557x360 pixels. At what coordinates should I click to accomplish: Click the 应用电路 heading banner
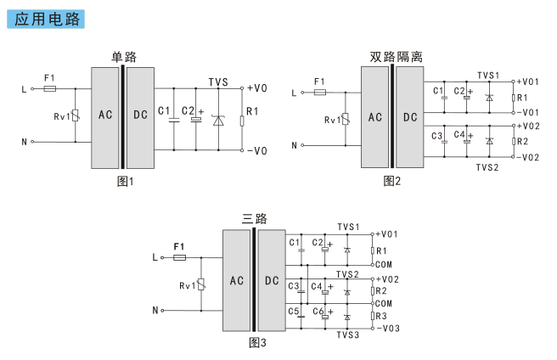point(46,20)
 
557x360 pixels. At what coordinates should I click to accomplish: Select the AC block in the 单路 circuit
point(104,118)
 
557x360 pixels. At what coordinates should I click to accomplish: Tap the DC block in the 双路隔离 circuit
point(410,117)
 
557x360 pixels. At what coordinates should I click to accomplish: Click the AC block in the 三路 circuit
point(237,280)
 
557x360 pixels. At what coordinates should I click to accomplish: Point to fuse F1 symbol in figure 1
point(50,88)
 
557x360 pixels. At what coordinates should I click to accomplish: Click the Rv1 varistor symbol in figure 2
point(346,119)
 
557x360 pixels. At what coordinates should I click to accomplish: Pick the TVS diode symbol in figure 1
point(218,121)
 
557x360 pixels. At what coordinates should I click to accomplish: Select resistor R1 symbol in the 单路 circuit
point(242,121)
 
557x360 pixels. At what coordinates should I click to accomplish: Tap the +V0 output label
point(256,88)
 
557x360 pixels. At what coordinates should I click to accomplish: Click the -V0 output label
point(256,151)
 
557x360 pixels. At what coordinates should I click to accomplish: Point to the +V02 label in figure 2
point(528,127)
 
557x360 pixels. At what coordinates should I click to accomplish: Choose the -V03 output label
point(388,329)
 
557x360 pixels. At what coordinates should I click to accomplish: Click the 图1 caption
point(126,181)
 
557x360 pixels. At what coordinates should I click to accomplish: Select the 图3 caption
point(257,342)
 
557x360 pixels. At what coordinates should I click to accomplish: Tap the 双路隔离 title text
point(396,57)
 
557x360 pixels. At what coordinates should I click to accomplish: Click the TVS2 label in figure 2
point(487,167)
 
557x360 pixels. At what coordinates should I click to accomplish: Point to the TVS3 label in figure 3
point(348,335)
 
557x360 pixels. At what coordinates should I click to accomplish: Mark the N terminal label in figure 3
point(155,310)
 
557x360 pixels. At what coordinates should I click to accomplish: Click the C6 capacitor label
point(318,312)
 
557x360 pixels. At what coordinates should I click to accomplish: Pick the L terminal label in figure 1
point(24,89)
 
